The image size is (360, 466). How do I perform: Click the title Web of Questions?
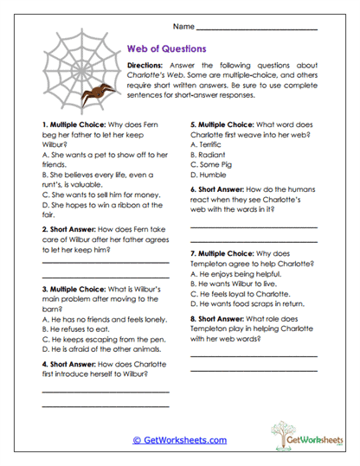(x=166, y=48)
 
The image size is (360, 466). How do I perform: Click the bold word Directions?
(x=144, y=66)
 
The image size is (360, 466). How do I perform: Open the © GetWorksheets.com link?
(x=179, y=440)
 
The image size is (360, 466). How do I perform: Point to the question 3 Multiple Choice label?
(x=73, y=290)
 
